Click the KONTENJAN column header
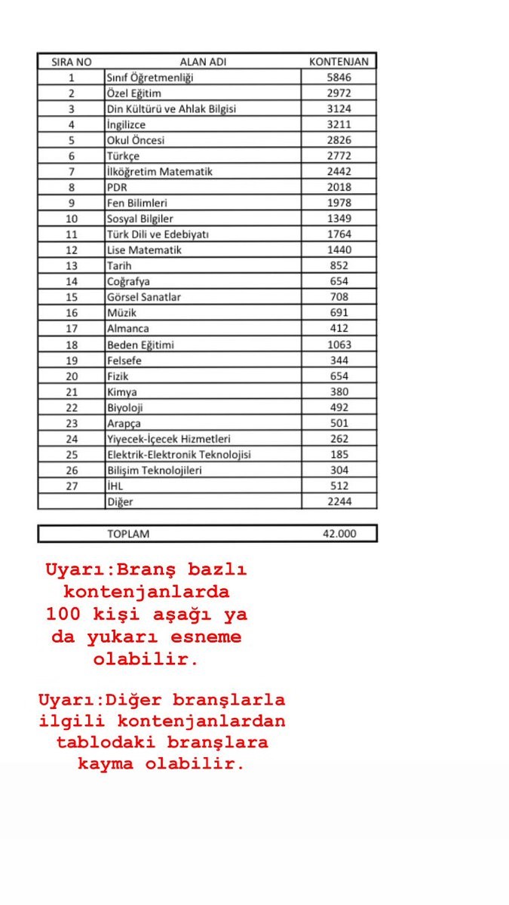tap(339, 62)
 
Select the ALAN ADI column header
tap(203, 62)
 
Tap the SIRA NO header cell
tap(71, 62)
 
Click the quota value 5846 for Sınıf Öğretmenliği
tap(339, 78)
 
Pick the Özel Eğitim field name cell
tap(134, 94)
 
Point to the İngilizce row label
tap(126, 124)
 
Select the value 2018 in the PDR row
tap(339, 187)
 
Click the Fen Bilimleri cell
tap(136, 203)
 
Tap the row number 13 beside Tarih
tap(71, 265)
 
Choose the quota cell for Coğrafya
tap(339, 281)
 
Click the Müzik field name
tap(121, 313)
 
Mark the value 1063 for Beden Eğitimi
tap(339, 345)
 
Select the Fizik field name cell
tap(118, 376)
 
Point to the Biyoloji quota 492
tap(339, 407)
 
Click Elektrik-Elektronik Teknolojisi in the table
tap(179, 455)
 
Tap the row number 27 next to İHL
tap(71, 486)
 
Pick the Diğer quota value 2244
tap(339, 502)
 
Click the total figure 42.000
tap(339, 534)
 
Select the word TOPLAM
tap(128, 534)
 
